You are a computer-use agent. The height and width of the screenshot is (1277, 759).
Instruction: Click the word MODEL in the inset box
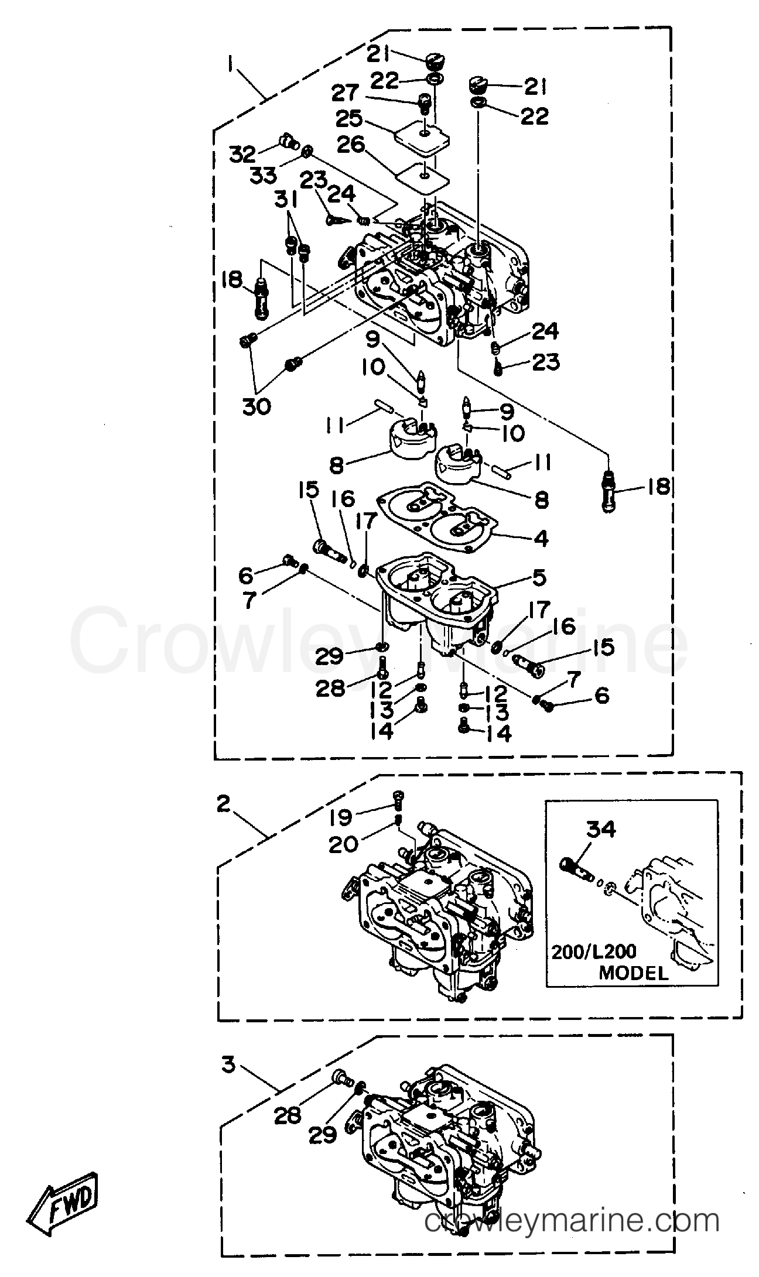pyautogui.click(x=632, y=973)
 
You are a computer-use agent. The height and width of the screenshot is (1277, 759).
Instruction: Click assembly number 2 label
pyautogui.click(x=224, y=804)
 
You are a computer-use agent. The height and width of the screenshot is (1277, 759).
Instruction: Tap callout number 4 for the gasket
pyautogui.click(x=541, y=537)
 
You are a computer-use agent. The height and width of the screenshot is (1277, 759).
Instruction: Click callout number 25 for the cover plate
pyautogui.click(x=350, y=119)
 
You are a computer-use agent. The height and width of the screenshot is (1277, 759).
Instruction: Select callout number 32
pyautogui.click(x=242, y=154)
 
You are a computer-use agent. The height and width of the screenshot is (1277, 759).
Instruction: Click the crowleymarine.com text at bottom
pyautogui.click(x=571, y=1233)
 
